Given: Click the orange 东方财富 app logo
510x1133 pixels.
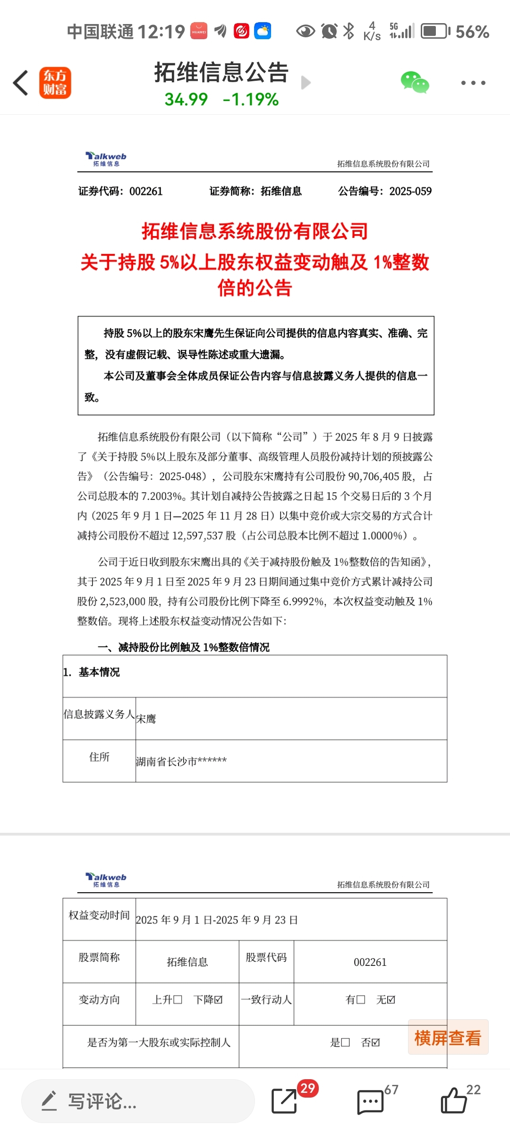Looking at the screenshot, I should (55, 83).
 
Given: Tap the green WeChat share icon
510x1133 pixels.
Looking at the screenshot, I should (415, 83).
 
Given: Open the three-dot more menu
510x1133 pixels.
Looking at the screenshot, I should (473, 83).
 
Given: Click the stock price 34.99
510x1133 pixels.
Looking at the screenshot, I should (186, 100).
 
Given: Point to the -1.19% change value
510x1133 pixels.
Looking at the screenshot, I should (251, 100).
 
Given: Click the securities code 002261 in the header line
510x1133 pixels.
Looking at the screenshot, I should (146, 191).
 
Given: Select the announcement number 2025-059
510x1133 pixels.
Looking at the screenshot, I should (410, 191).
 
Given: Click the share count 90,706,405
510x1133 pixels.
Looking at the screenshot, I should (374, 476).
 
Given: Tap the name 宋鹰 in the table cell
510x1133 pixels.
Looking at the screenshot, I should (146, 719).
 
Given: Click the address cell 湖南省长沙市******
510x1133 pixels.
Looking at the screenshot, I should (181, 761).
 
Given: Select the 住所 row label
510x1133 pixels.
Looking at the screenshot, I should (99, 757).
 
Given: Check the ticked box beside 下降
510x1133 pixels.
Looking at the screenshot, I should (218, 1000).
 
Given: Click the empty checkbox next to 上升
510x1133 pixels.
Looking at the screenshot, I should (178, 1000).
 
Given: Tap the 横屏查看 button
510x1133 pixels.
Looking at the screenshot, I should (448, 1038).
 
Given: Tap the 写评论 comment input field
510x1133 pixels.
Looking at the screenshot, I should (138, 1101).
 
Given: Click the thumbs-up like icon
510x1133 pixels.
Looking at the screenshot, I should (453, 1101).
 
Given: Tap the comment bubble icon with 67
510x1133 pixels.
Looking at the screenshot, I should (370, 1102).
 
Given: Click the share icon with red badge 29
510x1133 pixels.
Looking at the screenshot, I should (284, 1101).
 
